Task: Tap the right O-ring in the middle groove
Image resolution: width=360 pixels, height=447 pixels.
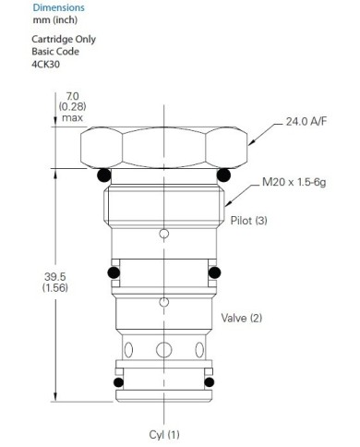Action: pyautogui.click(x=214, y=272)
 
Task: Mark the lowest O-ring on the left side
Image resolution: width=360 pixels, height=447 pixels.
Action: pyautogui.click(x=116, y=384)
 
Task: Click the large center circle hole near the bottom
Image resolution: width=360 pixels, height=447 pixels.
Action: pyautogui.click(x=163, y=350)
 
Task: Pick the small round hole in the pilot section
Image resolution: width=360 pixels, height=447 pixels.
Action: pyautogui.click(x=163, y=234)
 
